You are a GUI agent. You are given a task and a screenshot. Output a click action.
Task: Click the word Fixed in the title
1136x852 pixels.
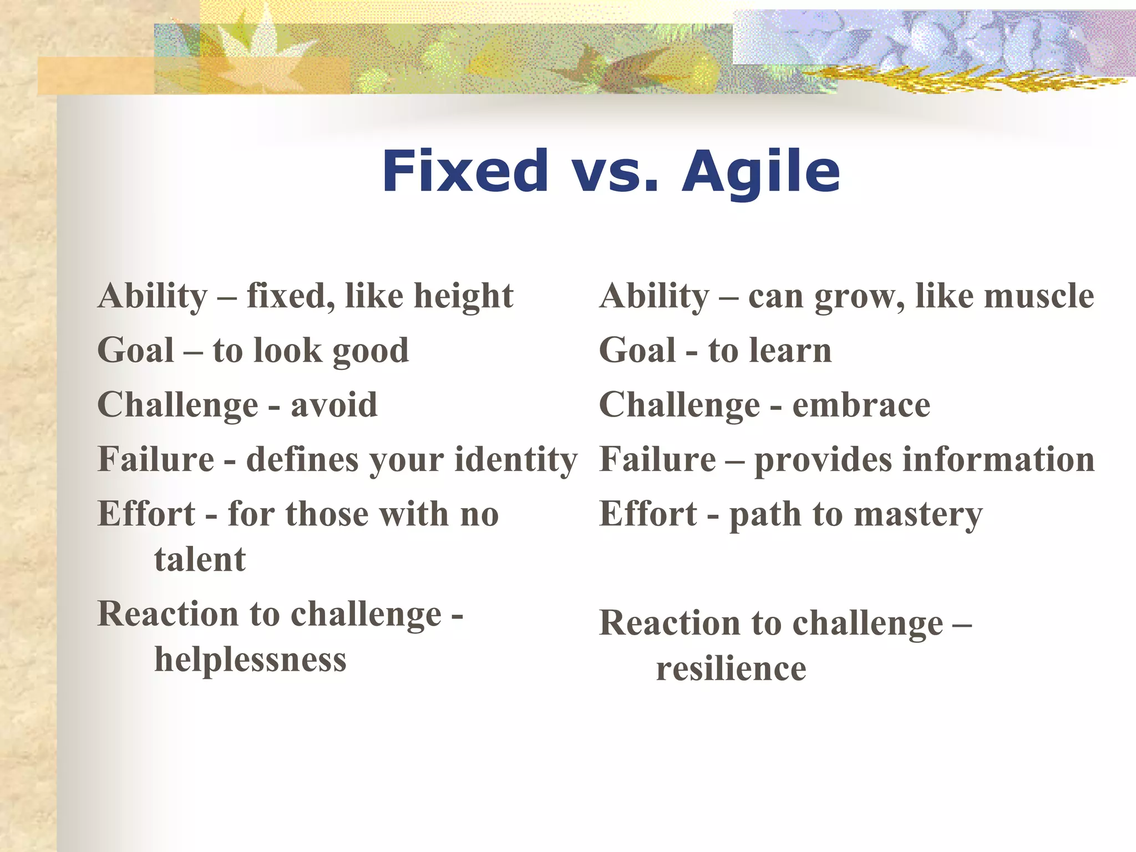[x=465, y=172]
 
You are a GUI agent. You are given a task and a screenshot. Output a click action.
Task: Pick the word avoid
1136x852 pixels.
[x=334, y=405]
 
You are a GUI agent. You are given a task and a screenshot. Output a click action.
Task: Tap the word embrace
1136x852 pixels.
[x=861, y=405]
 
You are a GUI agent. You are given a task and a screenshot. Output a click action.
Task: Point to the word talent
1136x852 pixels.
[x=200, y=559]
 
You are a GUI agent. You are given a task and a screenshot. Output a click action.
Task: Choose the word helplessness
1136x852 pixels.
[x=250, y=660]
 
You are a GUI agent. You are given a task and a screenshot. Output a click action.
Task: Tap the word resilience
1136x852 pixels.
[x=731, y=669]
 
